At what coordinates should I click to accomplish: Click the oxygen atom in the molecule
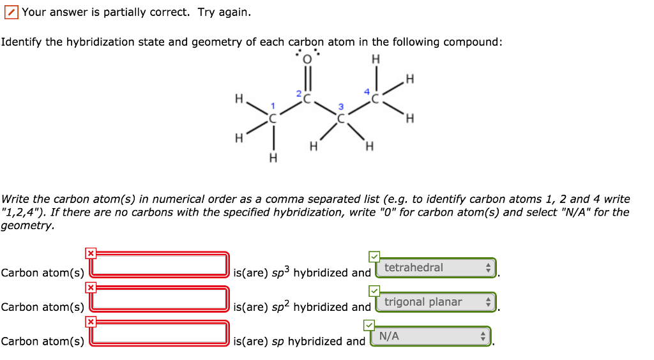click(x=307, y=59)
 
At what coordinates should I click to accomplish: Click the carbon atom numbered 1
click(x=273, y=119)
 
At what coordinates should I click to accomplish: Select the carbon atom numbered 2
click(x=307, y=100)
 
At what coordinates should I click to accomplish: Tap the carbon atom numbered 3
click(x=341, y=119)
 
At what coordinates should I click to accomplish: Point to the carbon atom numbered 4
click(x=376, y=100)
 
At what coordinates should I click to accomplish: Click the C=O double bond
click(x=307, y=80)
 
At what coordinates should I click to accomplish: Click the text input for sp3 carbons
click(x=160, y=264)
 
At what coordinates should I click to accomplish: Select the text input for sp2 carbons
click(x=160, y=299)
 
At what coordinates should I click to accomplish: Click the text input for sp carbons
click(x=160, y=333)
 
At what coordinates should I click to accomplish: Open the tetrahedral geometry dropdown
click(x=437, y=268)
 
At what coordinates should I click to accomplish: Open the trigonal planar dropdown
click(x=437, y=302)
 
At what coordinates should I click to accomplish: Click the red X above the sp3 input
click(x=91, y=253)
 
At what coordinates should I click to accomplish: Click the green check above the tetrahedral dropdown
click(x=374, y=257)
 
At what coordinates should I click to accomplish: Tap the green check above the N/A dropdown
click(x=369, y=325)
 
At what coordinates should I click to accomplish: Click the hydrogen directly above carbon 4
click(x=376, y=59)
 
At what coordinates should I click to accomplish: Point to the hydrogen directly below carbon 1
click(x=273, y=158)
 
